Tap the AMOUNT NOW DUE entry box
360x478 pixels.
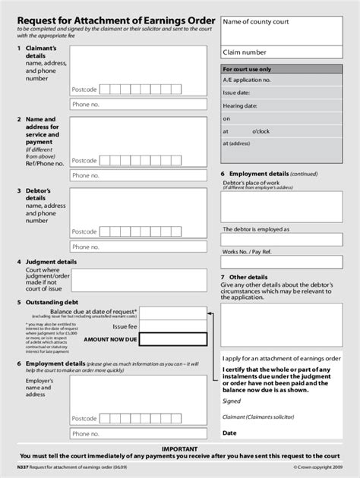coord(174,339)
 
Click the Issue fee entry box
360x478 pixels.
coord(174,325)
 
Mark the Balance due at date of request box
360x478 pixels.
coord(174,312)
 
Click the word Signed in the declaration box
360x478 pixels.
coord(232,401)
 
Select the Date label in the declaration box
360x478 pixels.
coord(229,433)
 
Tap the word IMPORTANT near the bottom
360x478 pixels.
coord(179,449)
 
